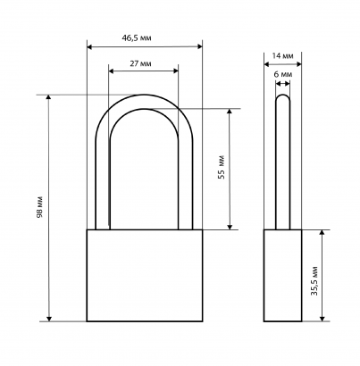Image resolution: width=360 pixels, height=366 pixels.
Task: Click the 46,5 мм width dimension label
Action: (137, 38)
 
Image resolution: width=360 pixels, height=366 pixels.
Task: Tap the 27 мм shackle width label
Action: (140, 63)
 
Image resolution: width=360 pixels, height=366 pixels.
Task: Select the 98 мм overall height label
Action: (40, 206)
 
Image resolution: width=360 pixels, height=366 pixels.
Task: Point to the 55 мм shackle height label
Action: (222, 167)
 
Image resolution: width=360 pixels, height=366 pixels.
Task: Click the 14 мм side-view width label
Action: (283, 55)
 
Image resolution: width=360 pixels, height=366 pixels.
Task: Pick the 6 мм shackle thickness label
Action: (283, 74)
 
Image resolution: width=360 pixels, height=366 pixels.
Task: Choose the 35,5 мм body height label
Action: (314, 280)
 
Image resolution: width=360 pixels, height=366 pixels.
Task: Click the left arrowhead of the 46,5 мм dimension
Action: (89, 46)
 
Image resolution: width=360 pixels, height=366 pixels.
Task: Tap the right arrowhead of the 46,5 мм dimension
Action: (200, 46)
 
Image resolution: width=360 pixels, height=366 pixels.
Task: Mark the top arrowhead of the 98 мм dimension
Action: (49, 98)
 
